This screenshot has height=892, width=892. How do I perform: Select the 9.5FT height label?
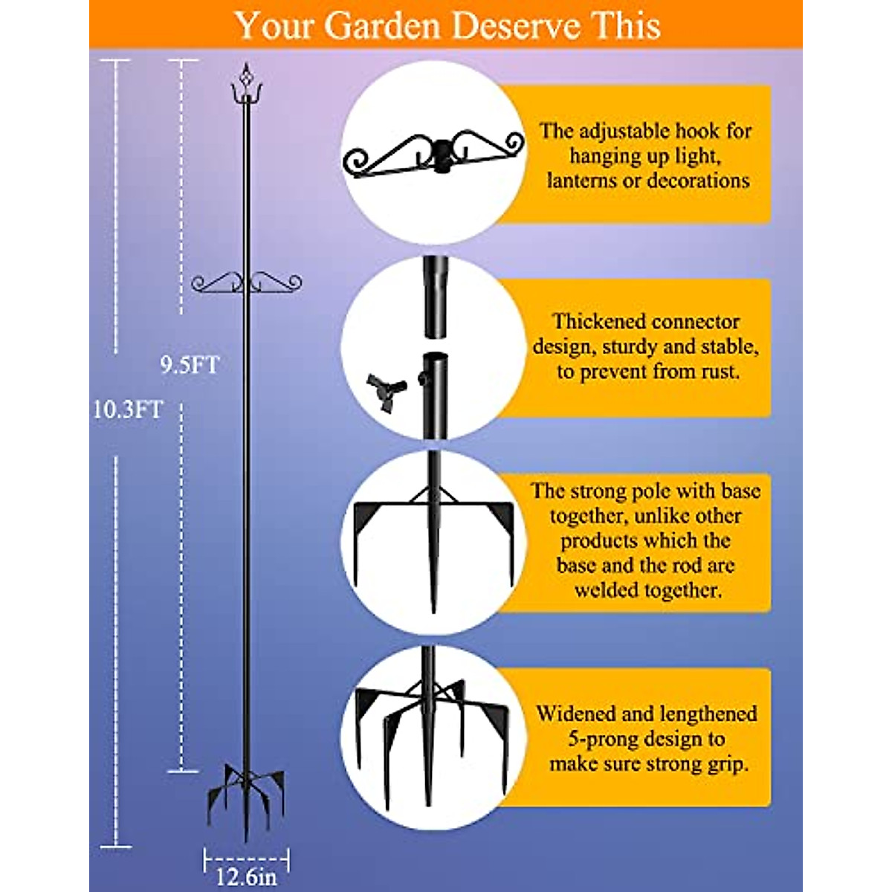(x=190, y=365)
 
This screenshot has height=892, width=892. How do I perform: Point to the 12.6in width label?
(x=246, y=876)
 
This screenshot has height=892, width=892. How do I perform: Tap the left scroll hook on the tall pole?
(x=216, y=282)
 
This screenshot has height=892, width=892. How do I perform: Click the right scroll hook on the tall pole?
(x=277, y=282)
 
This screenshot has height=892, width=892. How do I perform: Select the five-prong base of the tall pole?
(x=245, y=792)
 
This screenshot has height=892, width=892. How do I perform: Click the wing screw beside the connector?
(x=385, y=389)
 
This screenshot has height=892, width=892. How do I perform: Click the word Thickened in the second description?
(x=598, y=322)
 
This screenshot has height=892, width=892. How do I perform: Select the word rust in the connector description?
(x=720, y=372)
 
